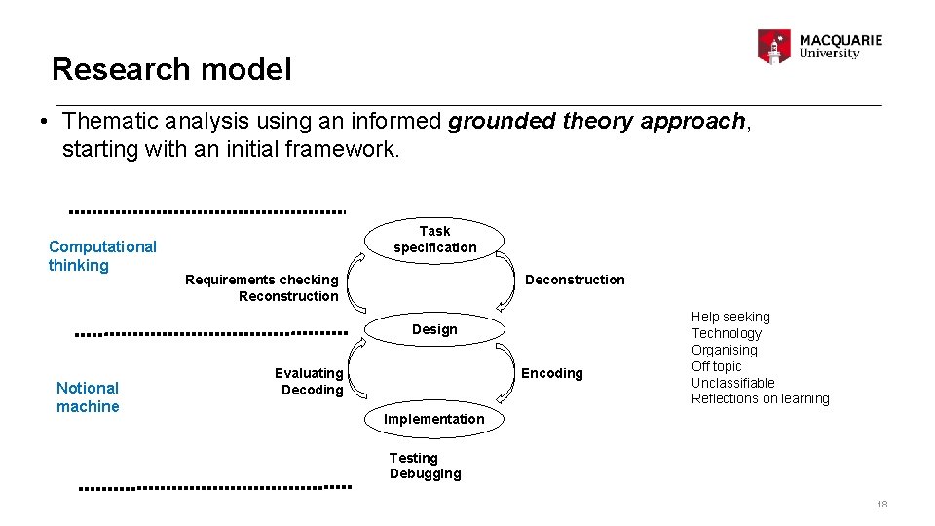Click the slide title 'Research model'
(x=170, y=69)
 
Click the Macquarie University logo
(x=819, y=46)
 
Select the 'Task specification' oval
(x=434, y=239)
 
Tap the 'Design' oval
(x=434, y=329)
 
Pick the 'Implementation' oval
(x=433, y=419)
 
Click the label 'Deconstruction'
(x=575, y=280)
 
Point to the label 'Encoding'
(x=552, y=373)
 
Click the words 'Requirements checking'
(x=261, y=280)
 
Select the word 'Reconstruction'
(x=288, y=296)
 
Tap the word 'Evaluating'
(x=309, y=373)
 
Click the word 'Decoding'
(x=312, y=390)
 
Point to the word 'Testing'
(x=414, y=458)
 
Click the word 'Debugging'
(x=425, y=473)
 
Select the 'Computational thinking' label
(x=102, y=256)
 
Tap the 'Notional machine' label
(x=88, y=396)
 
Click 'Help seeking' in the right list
(x=730, y=317)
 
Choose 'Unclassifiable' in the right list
(x=733, y=383)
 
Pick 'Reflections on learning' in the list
(x=760, y=398)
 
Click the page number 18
(x=881, y=504)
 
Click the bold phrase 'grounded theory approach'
(x=596, y=121)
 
